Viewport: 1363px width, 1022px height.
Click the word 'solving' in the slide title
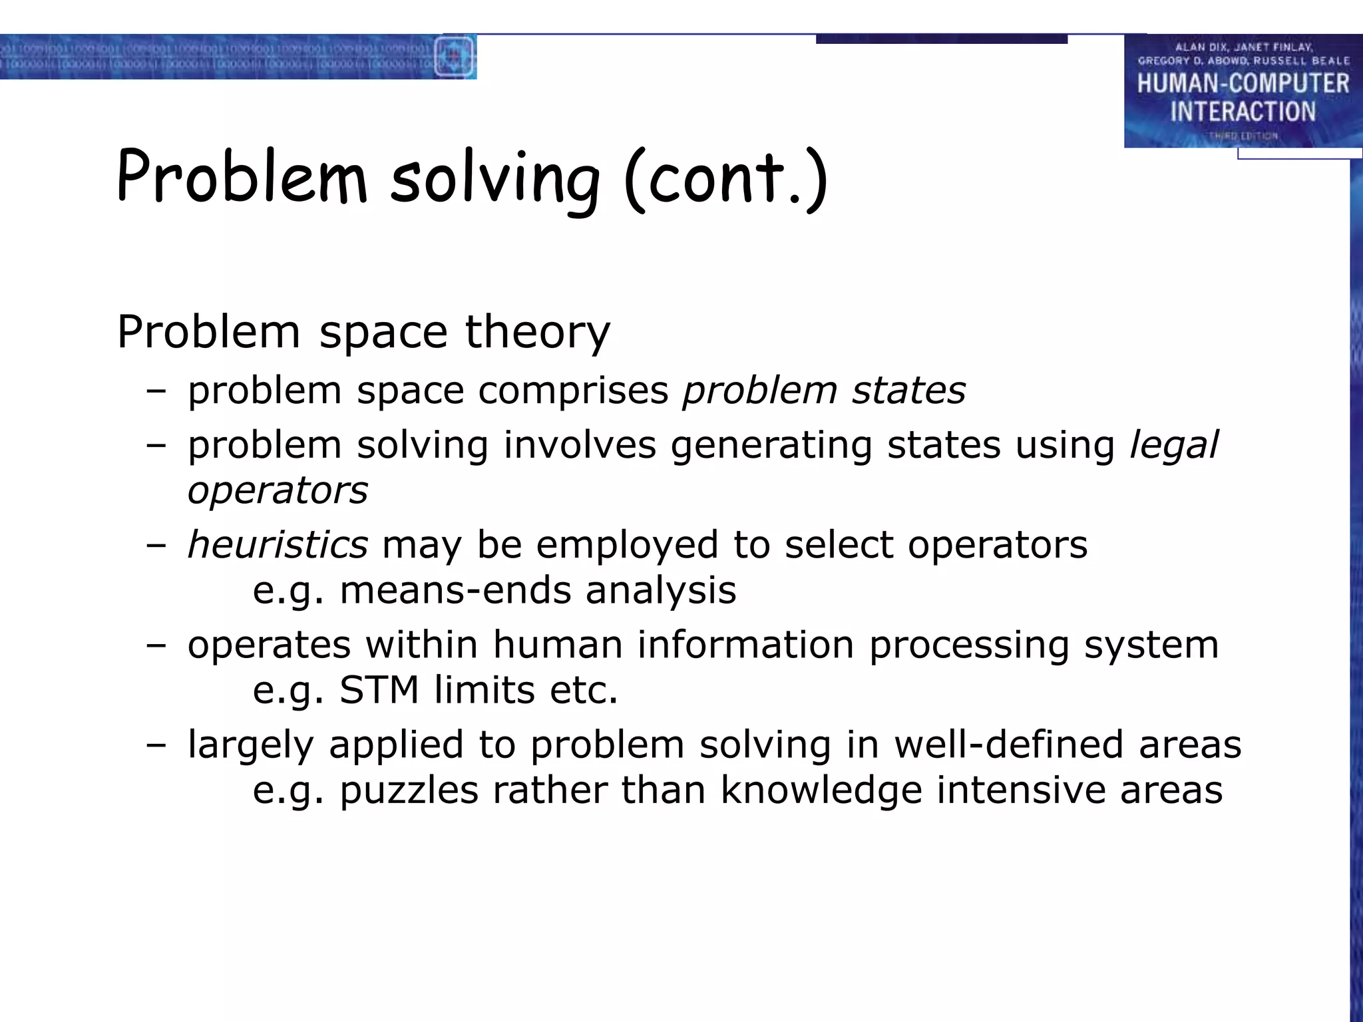point(494,178)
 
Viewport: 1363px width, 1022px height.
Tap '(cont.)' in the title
point(725,178)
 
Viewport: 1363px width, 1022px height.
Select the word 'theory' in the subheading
point(537,331)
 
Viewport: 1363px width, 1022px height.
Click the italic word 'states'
point(908,390)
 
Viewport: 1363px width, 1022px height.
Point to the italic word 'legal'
point(1174,444)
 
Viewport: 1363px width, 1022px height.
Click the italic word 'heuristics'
point(278,544)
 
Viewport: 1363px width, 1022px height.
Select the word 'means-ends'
point(455,590)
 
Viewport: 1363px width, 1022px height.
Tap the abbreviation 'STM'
point(379,690)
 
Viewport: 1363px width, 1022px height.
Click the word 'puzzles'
point(409,790)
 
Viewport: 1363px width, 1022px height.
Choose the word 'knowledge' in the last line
point(821,790)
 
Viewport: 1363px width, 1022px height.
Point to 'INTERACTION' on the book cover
point(1243,112)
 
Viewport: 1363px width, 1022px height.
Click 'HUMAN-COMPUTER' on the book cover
point(1243,83)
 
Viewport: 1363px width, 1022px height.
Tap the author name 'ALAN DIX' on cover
point(1201,47)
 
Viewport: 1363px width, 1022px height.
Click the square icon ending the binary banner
point(455,57)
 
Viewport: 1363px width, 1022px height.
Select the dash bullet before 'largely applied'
point(156,745)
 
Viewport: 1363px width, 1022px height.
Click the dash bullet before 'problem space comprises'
point(156,391)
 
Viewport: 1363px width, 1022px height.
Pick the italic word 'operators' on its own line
point(278,491)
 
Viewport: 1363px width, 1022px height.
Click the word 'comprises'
point(573,390)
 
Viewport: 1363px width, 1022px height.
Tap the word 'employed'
point(627,544)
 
